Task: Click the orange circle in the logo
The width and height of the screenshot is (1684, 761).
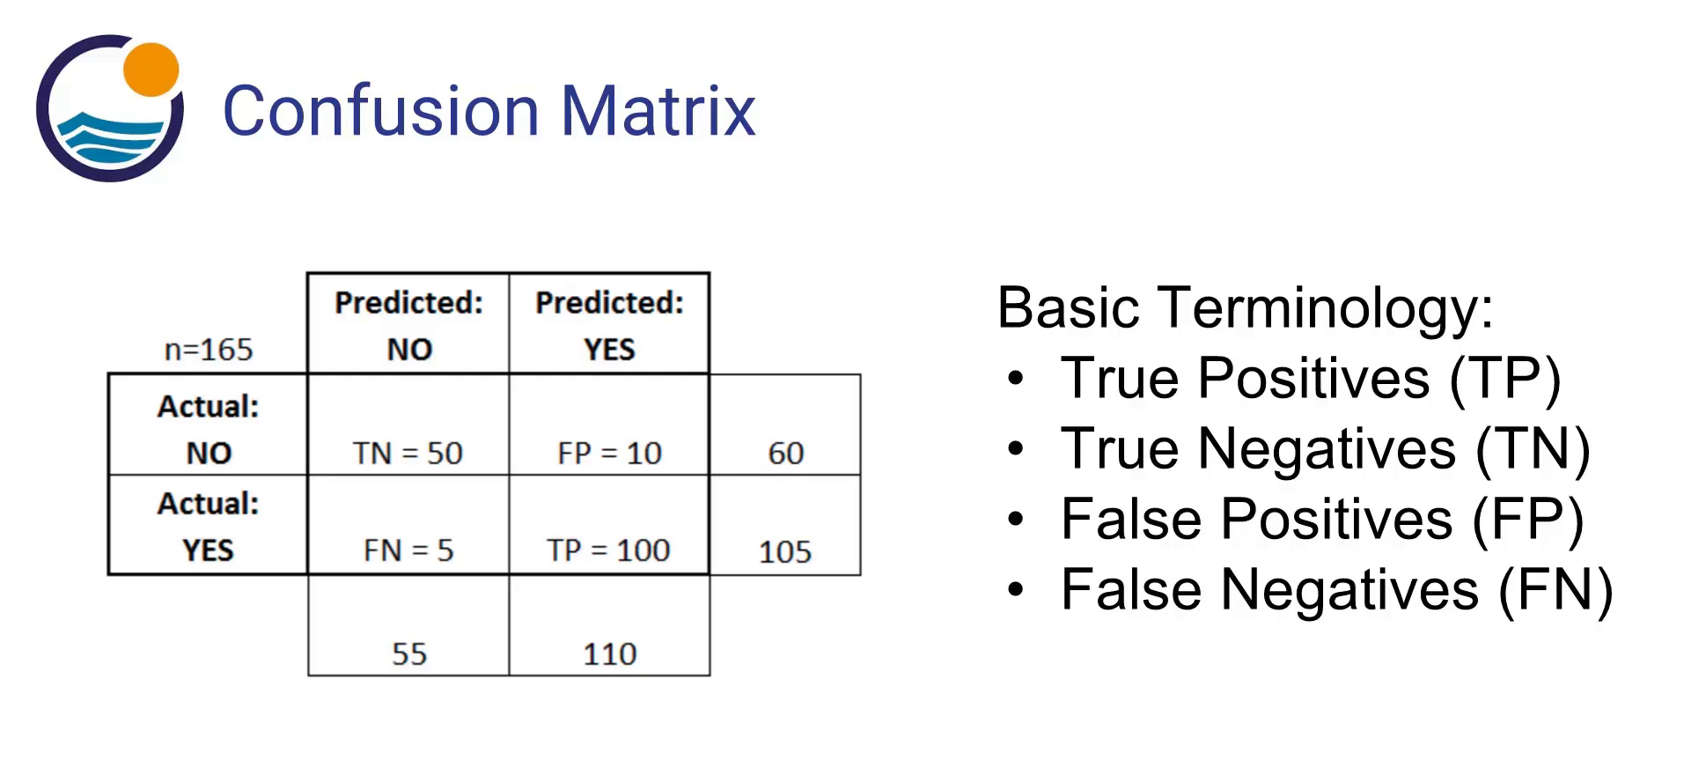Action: (x=151, y=69)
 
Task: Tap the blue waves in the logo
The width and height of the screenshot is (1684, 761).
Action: (x=111, y=137)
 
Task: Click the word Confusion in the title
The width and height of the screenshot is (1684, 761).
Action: (x=380, y=111)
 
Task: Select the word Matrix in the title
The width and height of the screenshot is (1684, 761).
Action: (x=658, y=111)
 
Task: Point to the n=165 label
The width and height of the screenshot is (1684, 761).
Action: (x=209, y=350)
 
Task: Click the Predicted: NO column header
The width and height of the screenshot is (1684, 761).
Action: (x=408, y=325)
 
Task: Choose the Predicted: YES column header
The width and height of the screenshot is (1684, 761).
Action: (x=609, y=325)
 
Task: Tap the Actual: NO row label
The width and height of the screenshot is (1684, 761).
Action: (x=209, y=429)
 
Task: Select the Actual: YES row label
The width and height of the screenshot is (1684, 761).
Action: (x=209, y=526)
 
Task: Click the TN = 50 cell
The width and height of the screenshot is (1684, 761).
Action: (x=408, y=453)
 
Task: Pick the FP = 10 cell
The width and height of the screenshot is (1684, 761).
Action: (x=609, y=453)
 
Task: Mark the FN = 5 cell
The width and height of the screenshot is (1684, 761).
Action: (x=408, y=550)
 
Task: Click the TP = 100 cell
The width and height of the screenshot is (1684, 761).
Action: (x=608, y=550)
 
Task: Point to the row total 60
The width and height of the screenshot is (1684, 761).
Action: (x=785, y=453)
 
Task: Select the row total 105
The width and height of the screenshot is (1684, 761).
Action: (x=784, y=552)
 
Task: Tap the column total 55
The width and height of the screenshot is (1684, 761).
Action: (x=408, y=654)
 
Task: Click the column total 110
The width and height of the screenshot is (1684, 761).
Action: (x=609, y=654)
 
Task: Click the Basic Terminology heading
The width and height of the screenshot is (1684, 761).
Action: (x=1245, y=308)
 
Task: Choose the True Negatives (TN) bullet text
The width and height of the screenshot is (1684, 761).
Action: (x=1325, y=449)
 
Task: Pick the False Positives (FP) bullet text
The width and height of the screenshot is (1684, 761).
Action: (x=1322, y=519)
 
